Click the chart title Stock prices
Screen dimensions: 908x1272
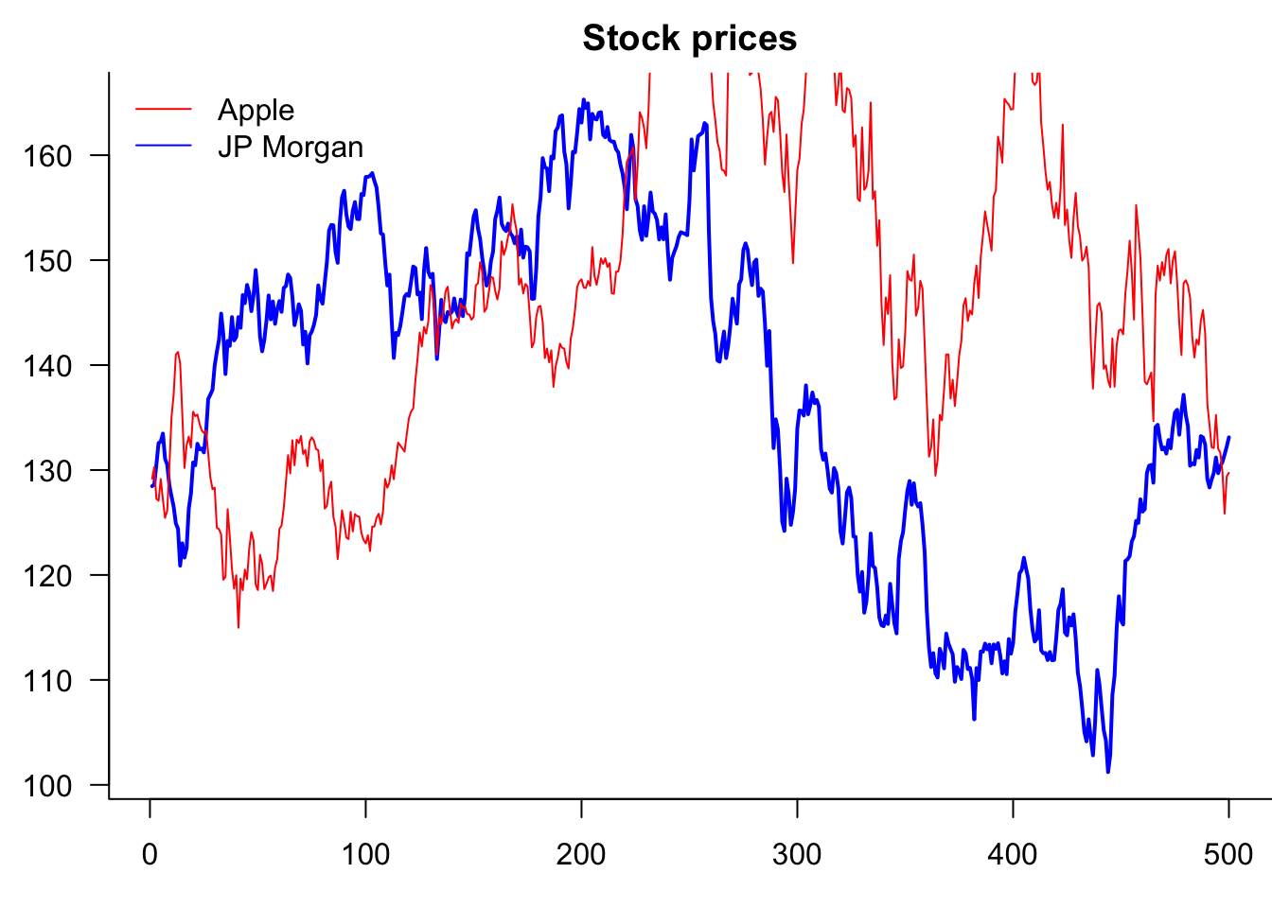point(689,39)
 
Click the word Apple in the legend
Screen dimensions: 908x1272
point(256,111)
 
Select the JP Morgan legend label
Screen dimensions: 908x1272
point(290,148)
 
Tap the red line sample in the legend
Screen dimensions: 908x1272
point(164,110)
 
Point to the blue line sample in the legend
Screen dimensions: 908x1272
point(164,146)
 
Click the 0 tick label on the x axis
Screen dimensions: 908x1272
point(150,855)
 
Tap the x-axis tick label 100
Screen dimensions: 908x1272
point(365,855)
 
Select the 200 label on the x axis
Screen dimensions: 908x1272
point(581,855)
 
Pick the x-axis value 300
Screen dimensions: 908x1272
point(797,855)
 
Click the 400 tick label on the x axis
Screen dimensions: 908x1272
point(1013,855)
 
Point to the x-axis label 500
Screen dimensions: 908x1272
point(1228,855)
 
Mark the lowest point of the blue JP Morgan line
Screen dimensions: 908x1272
point(1107,772)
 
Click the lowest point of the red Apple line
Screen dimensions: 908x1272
point(238,627)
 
